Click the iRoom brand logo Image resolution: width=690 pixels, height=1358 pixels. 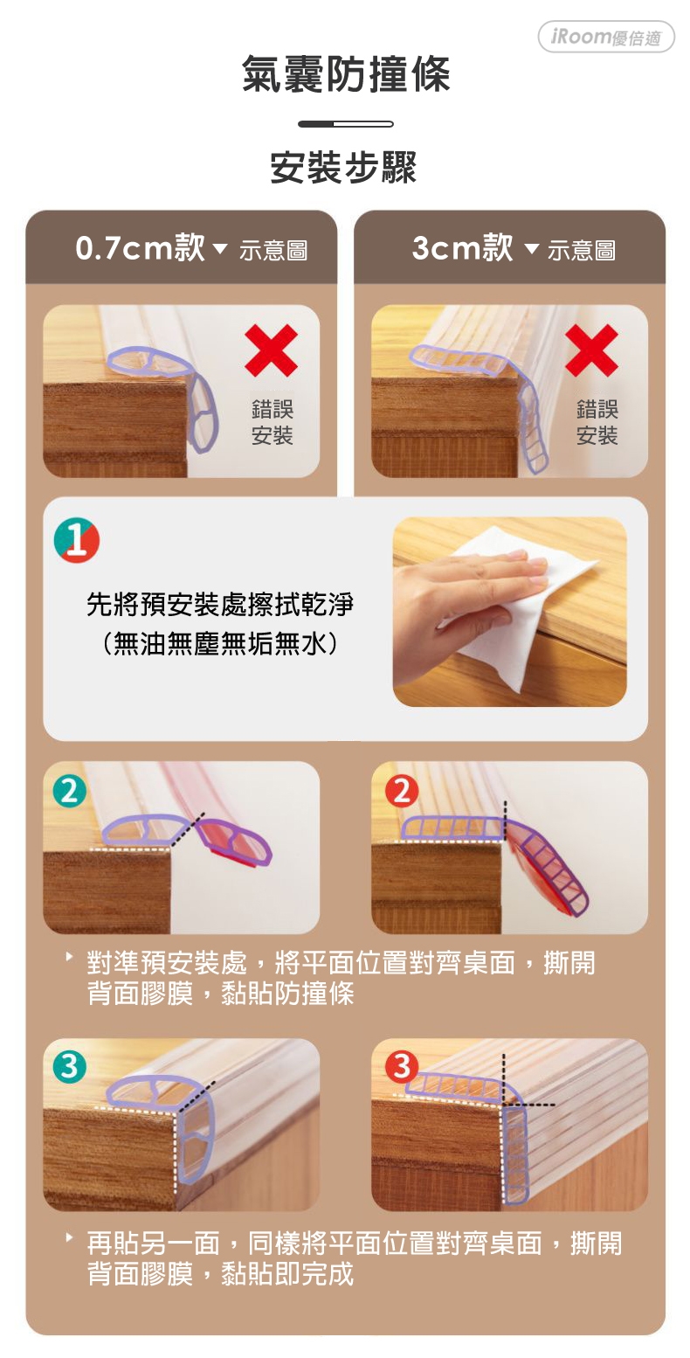606,37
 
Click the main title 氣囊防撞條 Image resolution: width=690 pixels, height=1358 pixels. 345,74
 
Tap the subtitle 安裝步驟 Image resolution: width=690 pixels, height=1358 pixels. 343,167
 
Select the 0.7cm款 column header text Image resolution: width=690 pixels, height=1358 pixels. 141,248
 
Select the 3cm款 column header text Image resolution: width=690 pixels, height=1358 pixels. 462,248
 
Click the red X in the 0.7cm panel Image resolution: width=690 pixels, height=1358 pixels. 271,350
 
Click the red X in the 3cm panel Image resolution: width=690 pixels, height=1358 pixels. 591,350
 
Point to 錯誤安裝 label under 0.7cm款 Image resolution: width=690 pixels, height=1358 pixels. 272,422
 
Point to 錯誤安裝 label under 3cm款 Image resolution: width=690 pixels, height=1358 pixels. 597,422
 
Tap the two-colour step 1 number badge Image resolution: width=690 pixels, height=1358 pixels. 76,540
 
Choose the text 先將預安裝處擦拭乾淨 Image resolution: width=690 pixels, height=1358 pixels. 220,604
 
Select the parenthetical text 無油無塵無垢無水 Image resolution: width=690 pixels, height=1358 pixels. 219,643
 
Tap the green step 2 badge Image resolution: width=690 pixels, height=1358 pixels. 70,791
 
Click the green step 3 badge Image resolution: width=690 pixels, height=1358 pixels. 70,1067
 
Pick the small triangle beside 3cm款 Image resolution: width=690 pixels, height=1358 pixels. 531,248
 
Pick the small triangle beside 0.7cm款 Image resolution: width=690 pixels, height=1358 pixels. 220,248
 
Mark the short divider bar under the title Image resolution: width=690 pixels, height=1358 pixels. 345,124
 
